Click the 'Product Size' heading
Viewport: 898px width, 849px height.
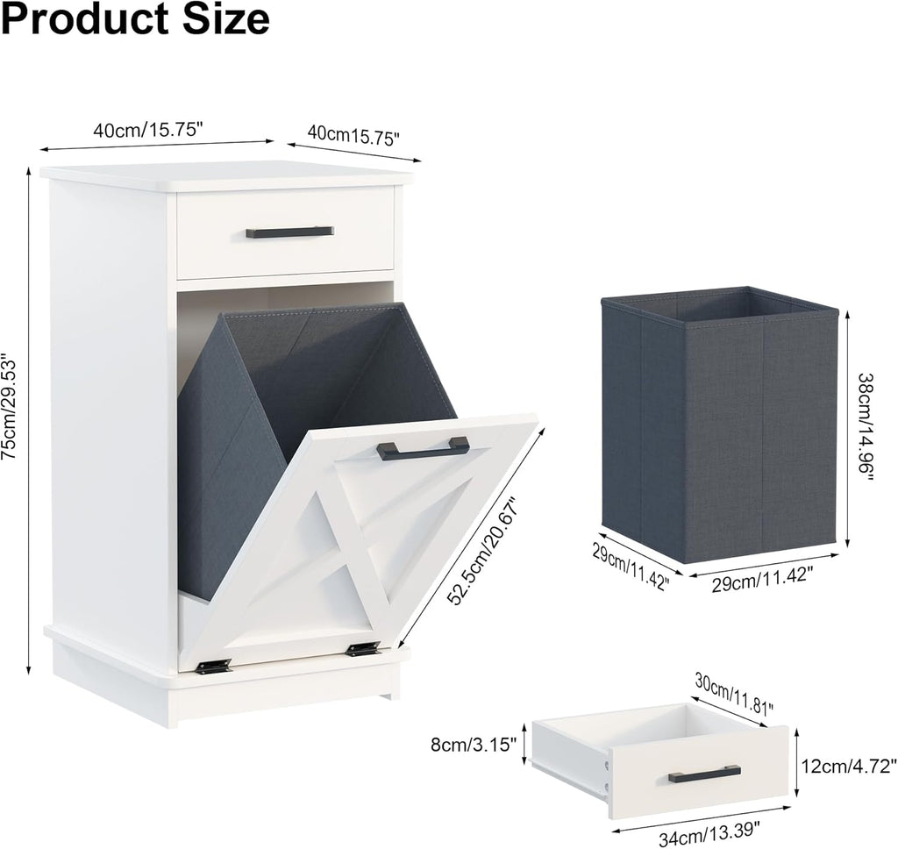[136, 19]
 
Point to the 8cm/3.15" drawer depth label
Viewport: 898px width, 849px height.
[474, 745]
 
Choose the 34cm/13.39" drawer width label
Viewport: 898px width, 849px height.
[709, 839]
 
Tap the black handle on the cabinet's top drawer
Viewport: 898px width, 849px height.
[289, 232]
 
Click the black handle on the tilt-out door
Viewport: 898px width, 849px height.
[424, 448]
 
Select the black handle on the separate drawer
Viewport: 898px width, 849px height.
[704, 774]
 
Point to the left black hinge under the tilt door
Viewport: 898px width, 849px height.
[213, 666]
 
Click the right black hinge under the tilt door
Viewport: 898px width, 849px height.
[363, 649]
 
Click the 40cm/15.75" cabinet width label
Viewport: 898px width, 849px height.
[148, 130]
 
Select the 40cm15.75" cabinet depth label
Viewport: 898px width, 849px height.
[353, 136]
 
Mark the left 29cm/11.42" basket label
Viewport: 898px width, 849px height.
[629, 566]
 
